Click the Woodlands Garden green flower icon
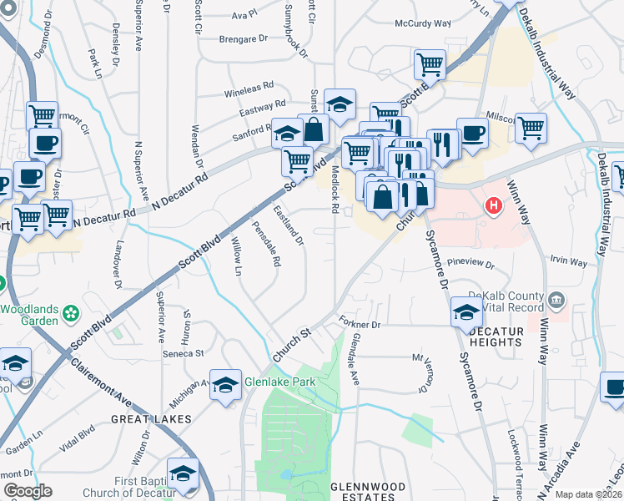click(72, 314)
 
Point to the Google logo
click(28, 491)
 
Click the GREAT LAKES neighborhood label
click(152, 419)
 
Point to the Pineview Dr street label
click(471, 264)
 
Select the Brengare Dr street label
click(243, 38)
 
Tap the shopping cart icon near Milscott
click(531, 129)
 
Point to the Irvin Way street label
click(568, 261)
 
